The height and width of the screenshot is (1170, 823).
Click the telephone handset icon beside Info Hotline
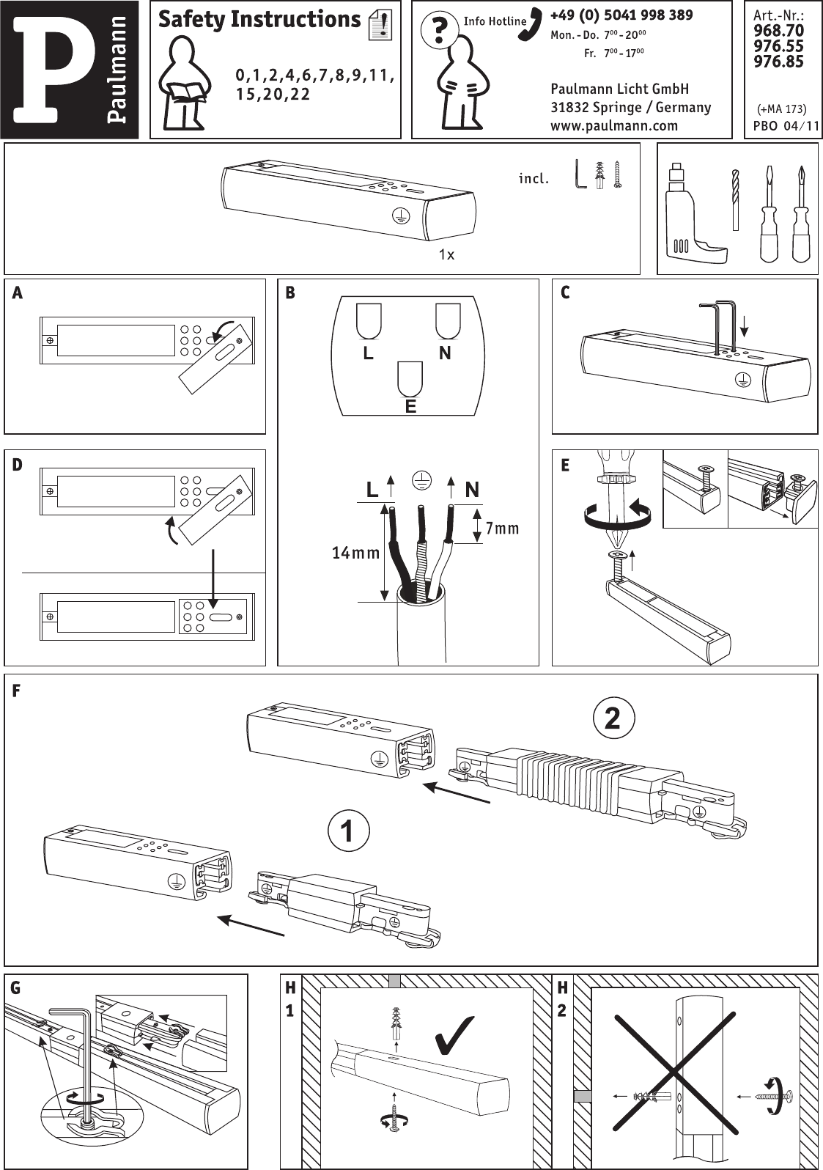531,24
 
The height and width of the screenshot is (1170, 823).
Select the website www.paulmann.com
614,126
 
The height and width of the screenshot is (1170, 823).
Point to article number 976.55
778,46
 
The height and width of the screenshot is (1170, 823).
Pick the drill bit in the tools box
737,199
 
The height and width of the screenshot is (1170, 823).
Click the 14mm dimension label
356,553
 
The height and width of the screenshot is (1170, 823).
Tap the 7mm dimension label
502,529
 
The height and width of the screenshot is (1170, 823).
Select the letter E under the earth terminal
410,406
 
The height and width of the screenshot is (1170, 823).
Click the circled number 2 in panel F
613,718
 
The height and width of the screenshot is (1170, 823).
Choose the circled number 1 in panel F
348,831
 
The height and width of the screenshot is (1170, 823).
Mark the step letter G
15,988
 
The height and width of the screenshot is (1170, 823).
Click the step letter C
565,293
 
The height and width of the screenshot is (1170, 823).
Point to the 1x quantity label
446,254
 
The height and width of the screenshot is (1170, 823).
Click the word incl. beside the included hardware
534,179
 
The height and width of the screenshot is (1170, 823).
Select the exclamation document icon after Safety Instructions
380,24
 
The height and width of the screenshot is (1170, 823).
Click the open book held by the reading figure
186,92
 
